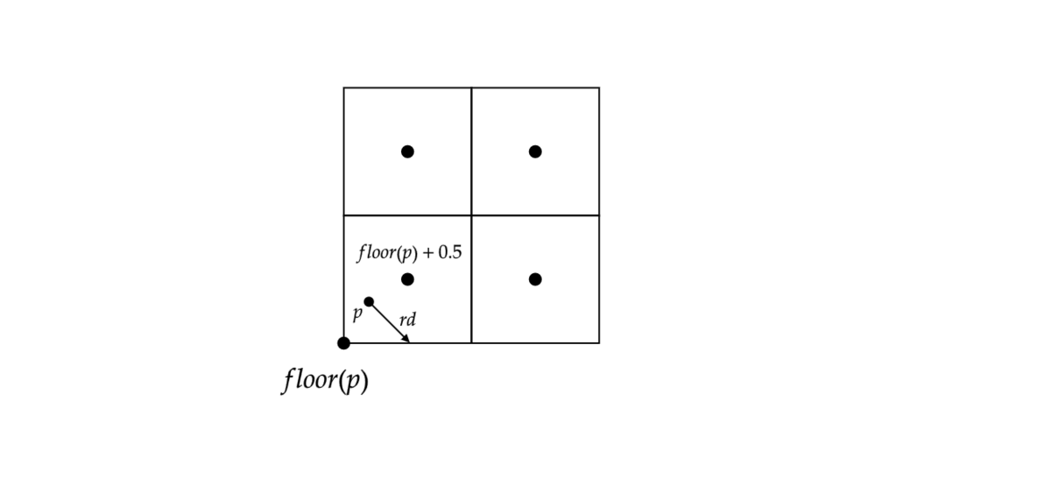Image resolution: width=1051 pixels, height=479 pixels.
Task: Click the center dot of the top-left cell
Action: (x=407, y=151)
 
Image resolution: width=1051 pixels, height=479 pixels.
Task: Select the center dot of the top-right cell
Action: (x=535, y=151)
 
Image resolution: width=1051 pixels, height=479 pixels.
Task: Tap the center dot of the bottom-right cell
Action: (x=535, y=279)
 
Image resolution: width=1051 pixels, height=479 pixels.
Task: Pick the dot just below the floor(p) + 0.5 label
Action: (x=407, y=279)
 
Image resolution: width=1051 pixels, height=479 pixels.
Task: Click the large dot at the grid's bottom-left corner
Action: (x=343, y=342)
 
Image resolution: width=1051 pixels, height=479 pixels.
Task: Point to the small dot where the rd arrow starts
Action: (x=369, y=302)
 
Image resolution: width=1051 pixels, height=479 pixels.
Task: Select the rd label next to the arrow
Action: (x=407, y=321)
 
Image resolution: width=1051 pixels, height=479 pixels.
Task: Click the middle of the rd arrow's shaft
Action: (x=388, y=321)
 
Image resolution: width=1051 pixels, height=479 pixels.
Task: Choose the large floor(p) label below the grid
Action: (x=325, y=381)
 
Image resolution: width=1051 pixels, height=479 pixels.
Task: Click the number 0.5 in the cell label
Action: (x=450, y=254)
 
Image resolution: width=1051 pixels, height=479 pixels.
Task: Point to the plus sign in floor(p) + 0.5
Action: (x=428, y=254)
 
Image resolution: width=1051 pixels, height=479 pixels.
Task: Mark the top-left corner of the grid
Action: (x=343, y=88)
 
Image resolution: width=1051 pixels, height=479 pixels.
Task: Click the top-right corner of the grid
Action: (x=599, y=88)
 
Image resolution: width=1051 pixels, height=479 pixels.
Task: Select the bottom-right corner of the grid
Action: (x=599, y=342)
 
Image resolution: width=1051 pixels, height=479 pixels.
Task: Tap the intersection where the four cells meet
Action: (x=471, y=215)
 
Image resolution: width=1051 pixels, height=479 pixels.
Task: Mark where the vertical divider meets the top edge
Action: (x=471, y=88)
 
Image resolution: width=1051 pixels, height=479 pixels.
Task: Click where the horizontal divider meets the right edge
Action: (x=599, y=215)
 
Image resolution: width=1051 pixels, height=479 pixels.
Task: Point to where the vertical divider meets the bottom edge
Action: (x=471, y=342)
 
